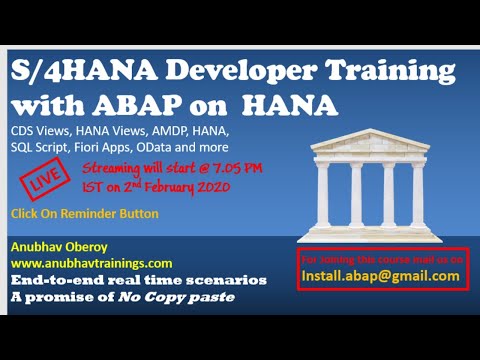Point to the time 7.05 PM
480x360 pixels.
coord(238,168)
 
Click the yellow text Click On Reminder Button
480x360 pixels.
coord(84,214)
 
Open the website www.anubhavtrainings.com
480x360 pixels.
coord(92,263)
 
